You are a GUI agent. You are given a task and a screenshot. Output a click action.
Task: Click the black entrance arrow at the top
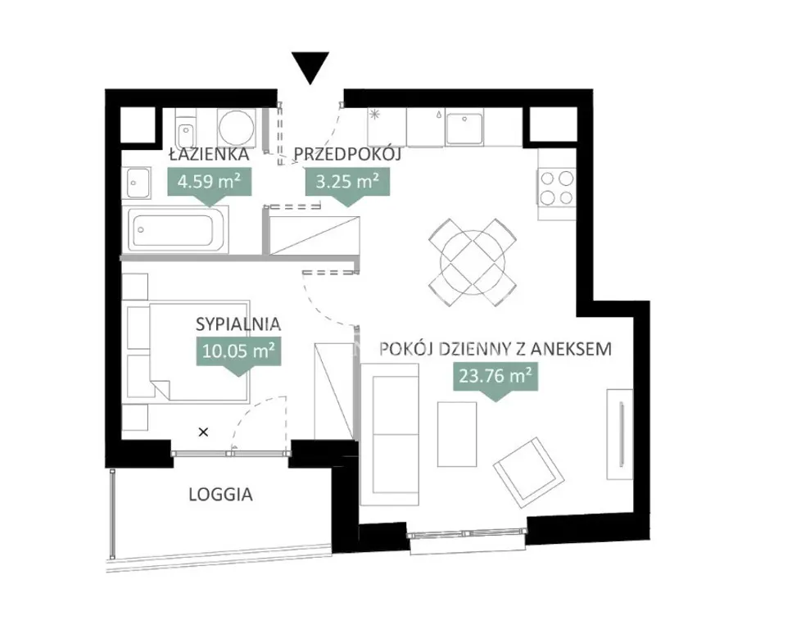pyautogui.click(x=310, y=67)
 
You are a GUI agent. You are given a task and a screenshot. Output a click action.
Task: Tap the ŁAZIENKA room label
pyautogui.click(x=209, y=154)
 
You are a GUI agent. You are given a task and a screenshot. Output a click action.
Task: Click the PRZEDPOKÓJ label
pyautogui.click(x=347, y=154)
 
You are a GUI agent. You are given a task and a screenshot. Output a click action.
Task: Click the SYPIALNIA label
pyautogui.click(x=238, y=324)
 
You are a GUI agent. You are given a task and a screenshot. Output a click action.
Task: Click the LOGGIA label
pyautogui.click(x=220, y=494)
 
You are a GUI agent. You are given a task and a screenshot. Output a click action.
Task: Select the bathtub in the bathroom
pyautogui.click(x=175, y=230)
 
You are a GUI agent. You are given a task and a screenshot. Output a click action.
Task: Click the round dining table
pyautogui.click(x=472, y=262)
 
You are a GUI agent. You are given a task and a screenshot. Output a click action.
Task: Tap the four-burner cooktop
pyautogui.click(x=556, y=188)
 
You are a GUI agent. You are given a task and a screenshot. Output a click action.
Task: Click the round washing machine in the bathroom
pyautogui.click(x=236, y=127)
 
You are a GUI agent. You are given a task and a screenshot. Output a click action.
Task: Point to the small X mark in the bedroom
pyautogui.click(x=204, y=432)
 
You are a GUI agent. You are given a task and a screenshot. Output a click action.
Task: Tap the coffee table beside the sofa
pyautogui.click(x=457, y=434)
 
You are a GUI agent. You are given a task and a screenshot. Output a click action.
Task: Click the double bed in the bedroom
pyautogui.click(x=199, y=351)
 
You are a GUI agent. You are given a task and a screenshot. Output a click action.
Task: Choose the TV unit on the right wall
pyautogui.click(x=620, y=434)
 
